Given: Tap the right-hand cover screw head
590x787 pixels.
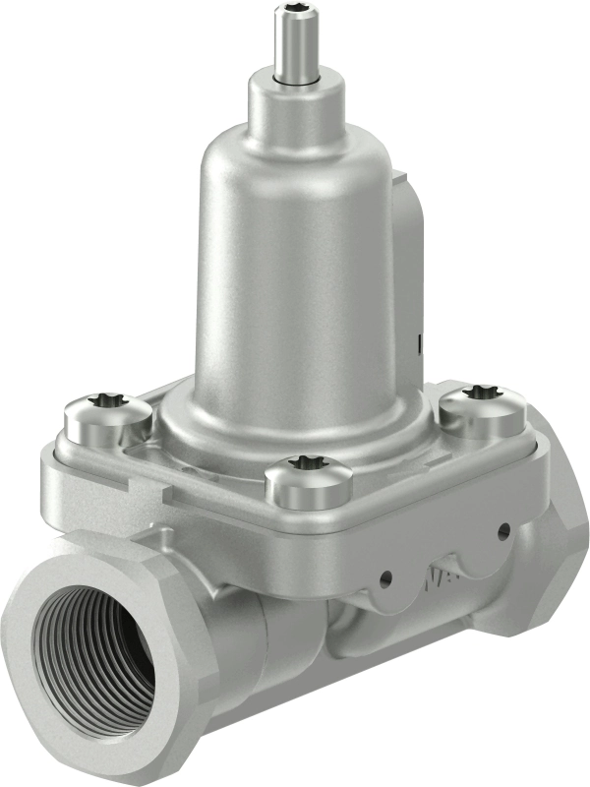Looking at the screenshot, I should tap(482, 406).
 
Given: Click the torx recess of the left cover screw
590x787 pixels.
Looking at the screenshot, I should tap(106, 401).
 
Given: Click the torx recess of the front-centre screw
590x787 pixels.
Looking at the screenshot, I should tap(309, 464).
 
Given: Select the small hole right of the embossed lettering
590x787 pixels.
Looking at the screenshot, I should tap(502, 531).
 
